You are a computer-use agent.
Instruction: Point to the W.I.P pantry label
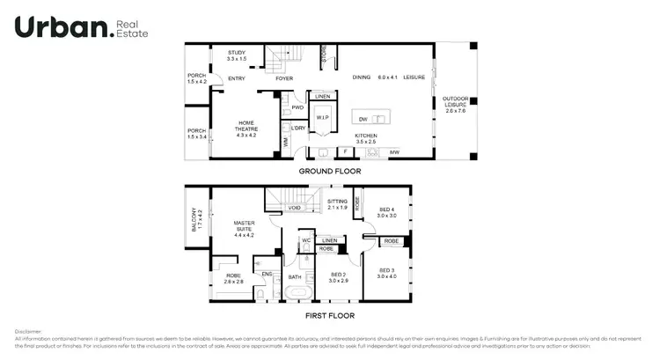tap(322, 117)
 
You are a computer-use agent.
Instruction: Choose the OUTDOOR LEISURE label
tap(455, 101)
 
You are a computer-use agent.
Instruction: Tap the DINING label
tap(362, 78)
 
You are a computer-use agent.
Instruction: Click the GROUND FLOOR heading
tap(329, 171)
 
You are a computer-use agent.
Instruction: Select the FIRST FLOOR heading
tap(330, 315)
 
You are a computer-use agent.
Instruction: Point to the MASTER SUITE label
tap(244, 228)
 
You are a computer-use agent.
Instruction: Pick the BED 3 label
tap(388, 273)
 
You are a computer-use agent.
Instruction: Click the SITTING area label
tap(337, 204)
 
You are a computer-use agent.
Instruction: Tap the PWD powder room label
tap(297, 108)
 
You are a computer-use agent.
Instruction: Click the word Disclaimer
tap(28, 331)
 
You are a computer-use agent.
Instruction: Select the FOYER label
tap(283, 79)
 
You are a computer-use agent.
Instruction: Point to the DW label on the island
tap(362, 119)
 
